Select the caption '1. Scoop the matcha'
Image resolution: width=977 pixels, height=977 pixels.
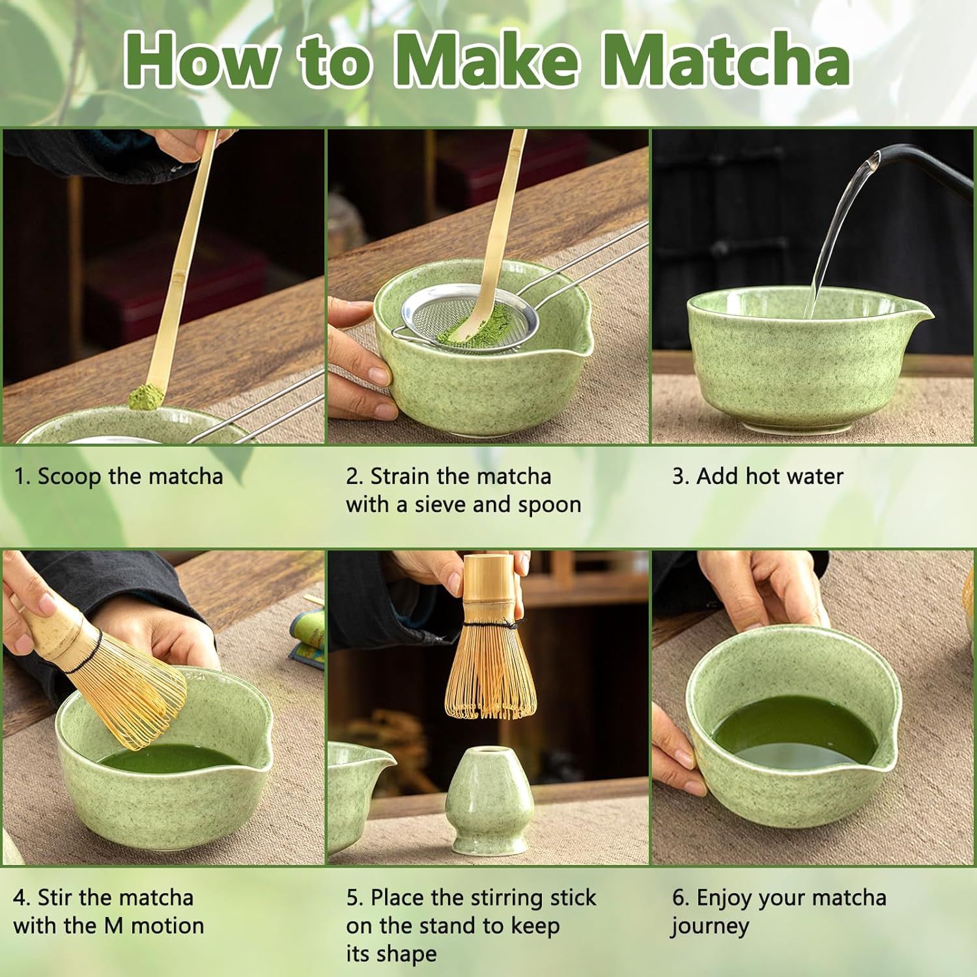click(x=119, y=476)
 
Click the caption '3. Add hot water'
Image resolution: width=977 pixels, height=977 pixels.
click(x=758, y=476)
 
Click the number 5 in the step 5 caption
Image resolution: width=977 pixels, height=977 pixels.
click(x=353, y=898)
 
